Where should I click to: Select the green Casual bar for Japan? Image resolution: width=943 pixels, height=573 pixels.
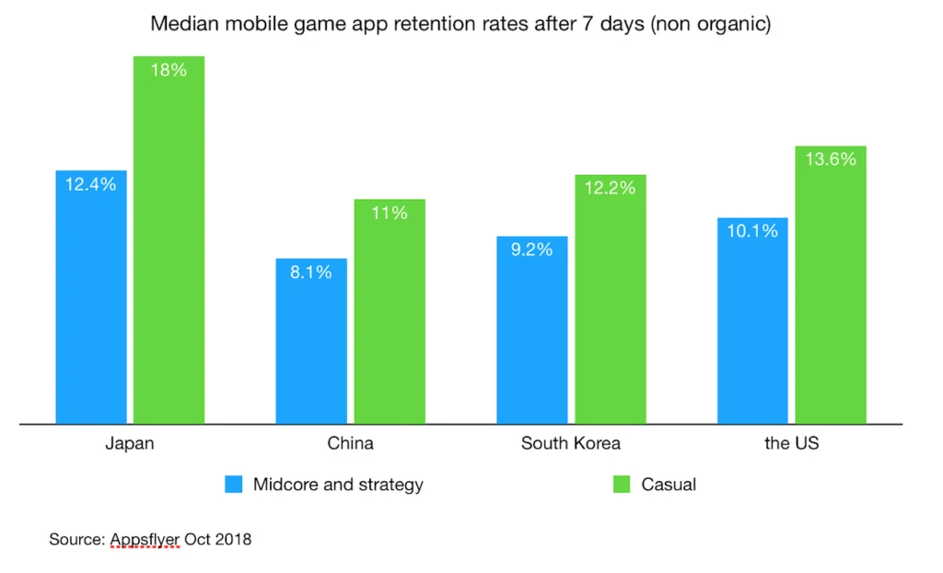pos(169,240)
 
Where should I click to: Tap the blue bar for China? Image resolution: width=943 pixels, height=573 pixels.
pos(311,341)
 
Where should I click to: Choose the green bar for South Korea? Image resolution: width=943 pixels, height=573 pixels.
pos(611,299)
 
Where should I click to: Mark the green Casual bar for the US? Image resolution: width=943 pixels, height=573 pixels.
pos(831,285)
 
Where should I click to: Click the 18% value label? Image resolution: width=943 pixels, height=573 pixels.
pos(169,70)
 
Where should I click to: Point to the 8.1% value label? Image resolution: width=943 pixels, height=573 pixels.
pos(311,273)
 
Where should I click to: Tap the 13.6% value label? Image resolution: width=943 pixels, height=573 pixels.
pos(831,159)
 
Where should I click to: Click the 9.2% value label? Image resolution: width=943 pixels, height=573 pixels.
pos(532,250)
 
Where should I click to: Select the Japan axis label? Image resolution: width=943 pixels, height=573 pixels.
pos(129,443)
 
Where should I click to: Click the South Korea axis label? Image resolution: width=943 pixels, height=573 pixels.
pos(571,443)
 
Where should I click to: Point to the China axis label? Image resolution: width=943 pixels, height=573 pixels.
pos(351,443)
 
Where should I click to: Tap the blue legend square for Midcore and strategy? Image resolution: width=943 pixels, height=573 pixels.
pos(234,485)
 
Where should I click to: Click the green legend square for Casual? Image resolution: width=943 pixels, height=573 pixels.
pos(622,485)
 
